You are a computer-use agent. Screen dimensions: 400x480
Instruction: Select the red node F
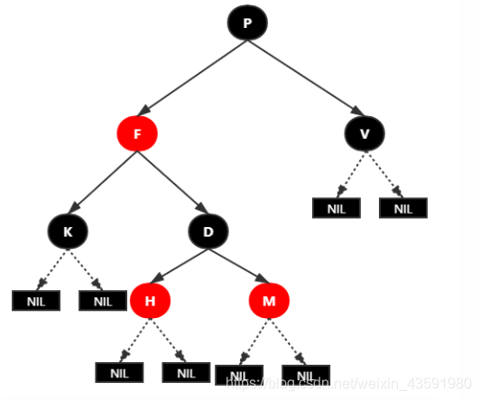coord(137,134)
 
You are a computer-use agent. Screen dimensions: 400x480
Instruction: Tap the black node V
coord(365,134)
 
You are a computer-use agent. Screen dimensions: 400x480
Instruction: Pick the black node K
coord(68,232)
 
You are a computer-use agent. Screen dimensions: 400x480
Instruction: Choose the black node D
coord(208,232)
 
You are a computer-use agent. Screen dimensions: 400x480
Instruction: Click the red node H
coord(150,300)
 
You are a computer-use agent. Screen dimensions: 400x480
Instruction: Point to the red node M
coord(269,300)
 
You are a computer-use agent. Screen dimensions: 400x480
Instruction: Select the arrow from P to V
coord(306,79)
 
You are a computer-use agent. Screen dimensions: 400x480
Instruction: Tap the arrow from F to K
coord(102,183)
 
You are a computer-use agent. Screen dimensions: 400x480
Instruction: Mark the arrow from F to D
coord(172,183)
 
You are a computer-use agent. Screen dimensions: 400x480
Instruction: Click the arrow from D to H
coord(180,266)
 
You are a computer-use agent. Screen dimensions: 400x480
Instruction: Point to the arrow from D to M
coord(238,266)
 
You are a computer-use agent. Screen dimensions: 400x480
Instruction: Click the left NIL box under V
coord(336,208)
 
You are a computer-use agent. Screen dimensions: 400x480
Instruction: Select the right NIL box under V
coord(402,208)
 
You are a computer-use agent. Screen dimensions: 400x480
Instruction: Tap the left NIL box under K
coord(35,301)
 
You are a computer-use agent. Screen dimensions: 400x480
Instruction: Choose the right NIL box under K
coord(102,301)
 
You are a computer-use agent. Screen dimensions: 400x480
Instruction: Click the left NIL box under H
coord(119,372)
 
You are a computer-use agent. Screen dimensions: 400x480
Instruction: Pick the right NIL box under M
coord(305,375)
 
